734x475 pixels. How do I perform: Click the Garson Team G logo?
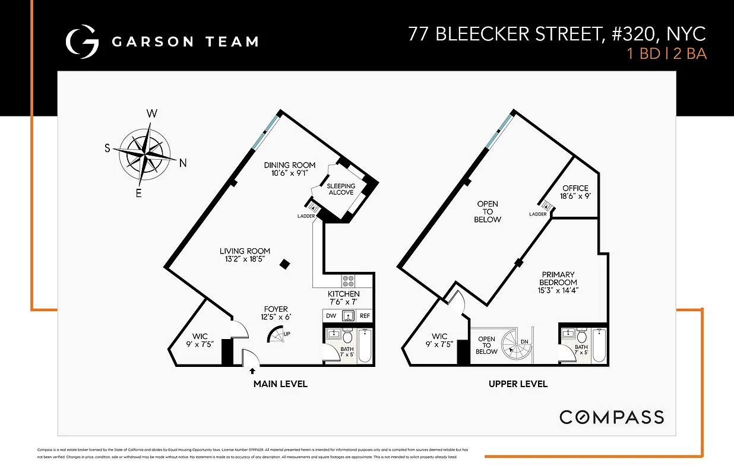point(82,42)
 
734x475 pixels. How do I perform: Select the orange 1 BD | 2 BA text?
point(667,54)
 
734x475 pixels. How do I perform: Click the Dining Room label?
point(290,165)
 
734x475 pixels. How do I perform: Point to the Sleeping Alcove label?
point(341,189)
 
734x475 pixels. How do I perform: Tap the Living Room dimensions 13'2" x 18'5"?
point(245,259)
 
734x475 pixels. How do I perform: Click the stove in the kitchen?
point(348,281)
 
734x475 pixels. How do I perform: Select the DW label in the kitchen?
point(330,316)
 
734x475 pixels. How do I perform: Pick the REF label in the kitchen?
point(364,316)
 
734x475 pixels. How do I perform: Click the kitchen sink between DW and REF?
point(348,316)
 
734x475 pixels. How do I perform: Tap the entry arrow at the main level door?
point(253,371)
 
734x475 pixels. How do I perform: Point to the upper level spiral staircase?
point(513,345)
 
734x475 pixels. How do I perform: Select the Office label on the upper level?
point(575,188)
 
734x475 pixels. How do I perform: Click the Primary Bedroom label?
point(558,278)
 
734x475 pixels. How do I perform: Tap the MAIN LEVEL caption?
point(280,384)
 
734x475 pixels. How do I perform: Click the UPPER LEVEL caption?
point(518,384)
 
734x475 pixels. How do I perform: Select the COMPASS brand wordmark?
point(612,417)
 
